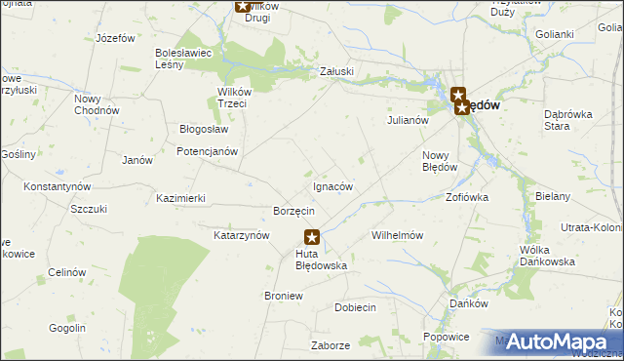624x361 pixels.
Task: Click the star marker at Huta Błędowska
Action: pos(312,236)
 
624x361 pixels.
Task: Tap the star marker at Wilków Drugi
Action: pos(243,6)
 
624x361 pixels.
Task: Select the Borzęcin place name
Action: pos(293,211)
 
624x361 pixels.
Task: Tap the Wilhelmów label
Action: pos(397,235)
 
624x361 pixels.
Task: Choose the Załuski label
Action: pos(337,71)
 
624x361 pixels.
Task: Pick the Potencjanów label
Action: pos(207,151)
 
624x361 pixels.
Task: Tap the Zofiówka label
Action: pos(467,196)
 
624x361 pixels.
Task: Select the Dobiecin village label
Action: pos(355,306)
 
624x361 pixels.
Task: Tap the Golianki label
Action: pos(555,33)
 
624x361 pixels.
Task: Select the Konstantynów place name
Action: pos(58,185)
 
